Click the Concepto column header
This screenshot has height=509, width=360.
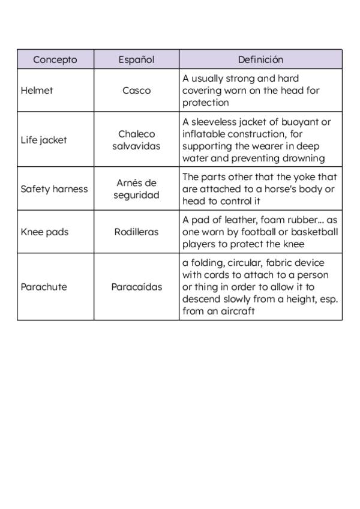tap(55, 59)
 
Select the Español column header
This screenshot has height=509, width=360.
tap(136, 59)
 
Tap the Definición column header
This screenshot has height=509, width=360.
tap(260, 59)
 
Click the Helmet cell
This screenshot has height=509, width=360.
tap(37, 91)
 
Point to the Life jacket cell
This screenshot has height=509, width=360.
tap(44, 140)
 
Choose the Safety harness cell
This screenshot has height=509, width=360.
tap(54, 189)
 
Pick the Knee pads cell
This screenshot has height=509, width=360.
tap(44, 232)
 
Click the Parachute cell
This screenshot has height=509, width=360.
tap(44, 287)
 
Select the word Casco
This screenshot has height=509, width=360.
tap(136, 91)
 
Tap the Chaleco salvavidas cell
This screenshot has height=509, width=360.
tap(136, 140)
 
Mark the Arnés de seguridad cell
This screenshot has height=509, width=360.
tap(136, 189)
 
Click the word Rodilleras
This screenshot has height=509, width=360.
tap(136, 232)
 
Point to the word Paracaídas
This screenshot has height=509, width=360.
tap(136, 287)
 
